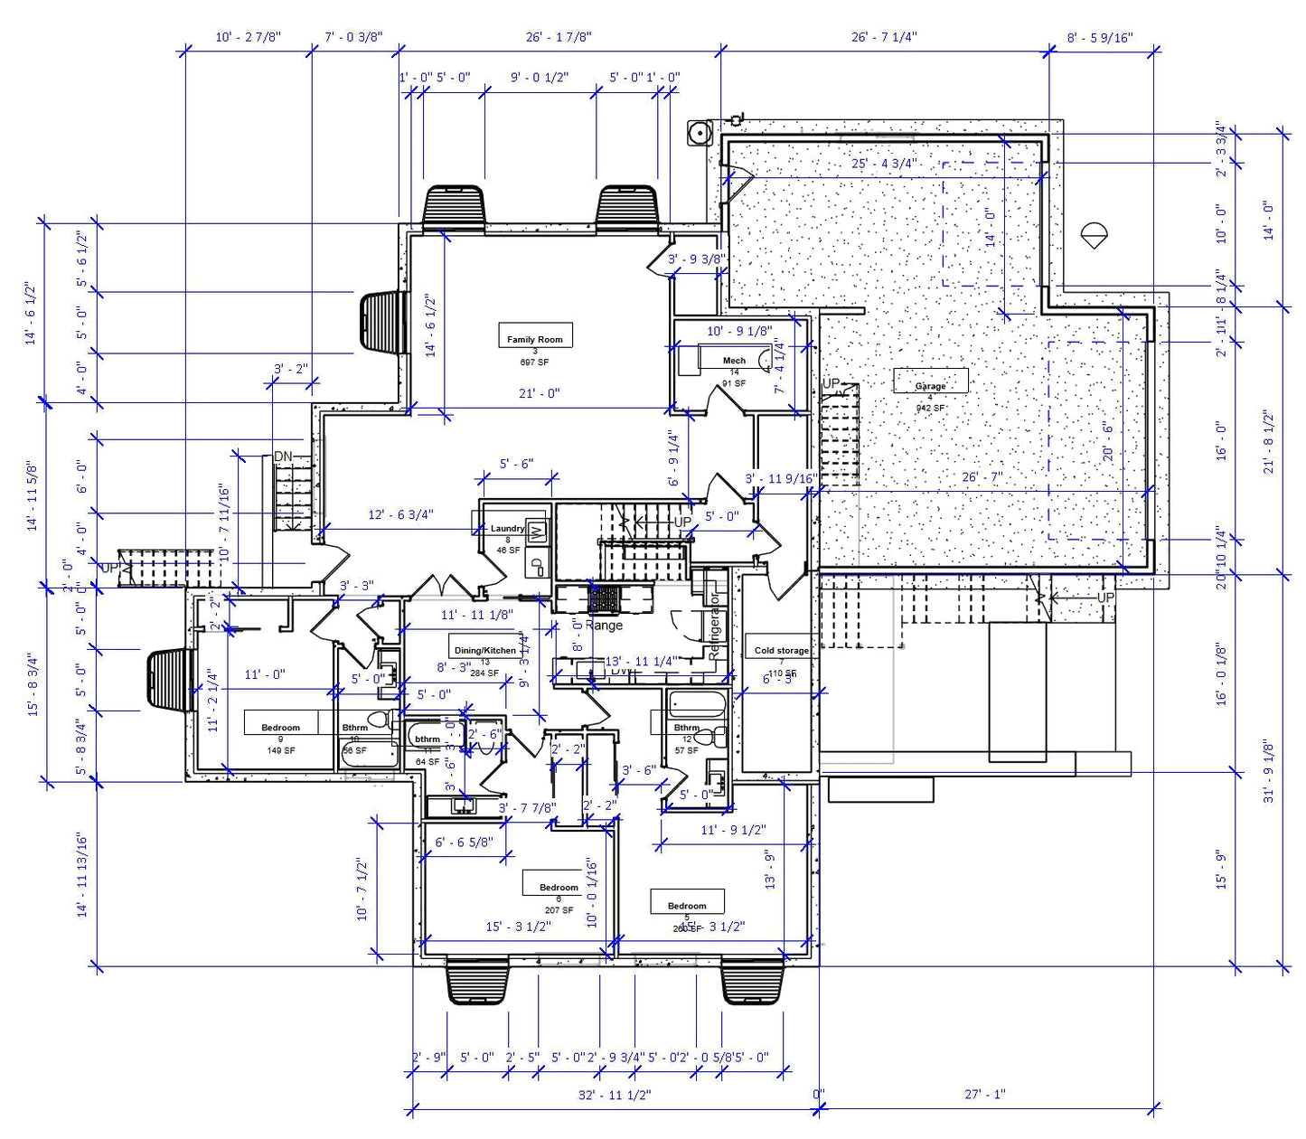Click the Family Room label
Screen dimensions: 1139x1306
pos(534,339)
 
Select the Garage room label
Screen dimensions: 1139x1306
pos(930,385)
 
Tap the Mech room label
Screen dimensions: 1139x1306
pos(734,360)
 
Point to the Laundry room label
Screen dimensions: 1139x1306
pos(507,529)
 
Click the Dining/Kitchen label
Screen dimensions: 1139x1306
pos(485,650)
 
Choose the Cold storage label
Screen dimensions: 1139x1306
pos(782,650)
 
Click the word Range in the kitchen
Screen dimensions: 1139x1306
pos(604,625)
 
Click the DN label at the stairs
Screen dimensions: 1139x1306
pos(283,457)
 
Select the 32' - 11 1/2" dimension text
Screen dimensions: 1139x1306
pos(615,1095)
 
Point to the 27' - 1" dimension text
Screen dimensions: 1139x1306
pos(984,1094)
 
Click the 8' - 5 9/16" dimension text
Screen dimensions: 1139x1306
pos(1100,38)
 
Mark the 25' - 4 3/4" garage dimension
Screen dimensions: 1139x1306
pos(884,164)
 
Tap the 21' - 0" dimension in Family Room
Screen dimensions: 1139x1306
pos(539,393)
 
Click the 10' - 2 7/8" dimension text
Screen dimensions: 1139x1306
pos(248,37)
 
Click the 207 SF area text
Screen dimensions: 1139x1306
pos(559,910)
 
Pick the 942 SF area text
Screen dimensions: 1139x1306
pos(930,408)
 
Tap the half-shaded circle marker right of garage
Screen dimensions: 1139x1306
pos(1094,235)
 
